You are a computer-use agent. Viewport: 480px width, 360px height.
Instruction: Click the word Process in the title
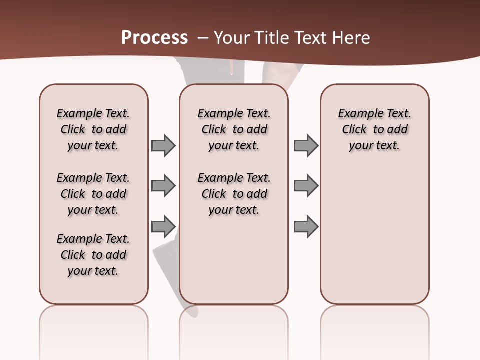tap(154, 37)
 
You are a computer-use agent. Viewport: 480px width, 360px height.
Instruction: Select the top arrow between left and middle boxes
tap(163, 145)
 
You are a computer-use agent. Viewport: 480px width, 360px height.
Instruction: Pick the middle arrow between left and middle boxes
tap(163, 186)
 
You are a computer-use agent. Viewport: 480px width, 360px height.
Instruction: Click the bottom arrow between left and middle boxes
tap(163, 226)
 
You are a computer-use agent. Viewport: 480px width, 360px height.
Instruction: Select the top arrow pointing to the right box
tap(306, 145)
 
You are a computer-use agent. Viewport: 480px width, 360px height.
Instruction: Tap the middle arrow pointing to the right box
tap(306, 186)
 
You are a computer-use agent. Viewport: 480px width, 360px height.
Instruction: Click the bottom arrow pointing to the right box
tap(306, 226)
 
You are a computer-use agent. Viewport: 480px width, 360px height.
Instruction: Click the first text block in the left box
tap(93, 129)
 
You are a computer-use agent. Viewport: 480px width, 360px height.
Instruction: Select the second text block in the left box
tap(93, 194)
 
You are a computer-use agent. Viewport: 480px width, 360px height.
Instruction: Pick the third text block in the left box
tap(93, 255)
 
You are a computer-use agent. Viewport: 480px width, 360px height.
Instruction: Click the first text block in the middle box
tap(234, 129)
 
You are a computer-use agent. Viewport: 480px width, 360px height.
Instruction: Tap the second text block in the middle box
tap(234, 194)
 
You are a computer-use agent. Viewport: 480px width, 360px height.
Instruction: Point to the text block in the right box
tap(375, 129)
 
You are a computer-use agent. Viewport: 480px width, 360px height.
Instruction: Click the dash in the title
tap(203, 38)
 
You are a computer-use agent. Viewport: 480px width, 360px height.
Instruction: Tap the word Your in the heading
tap(231, 38)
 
